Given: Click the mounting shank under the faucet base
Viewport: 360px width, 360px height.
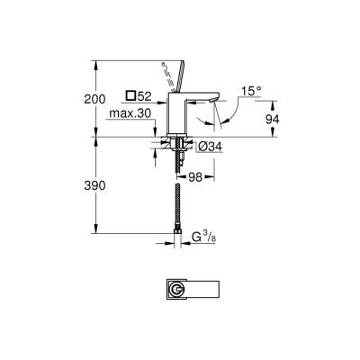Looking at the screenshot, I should [177, 146].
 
